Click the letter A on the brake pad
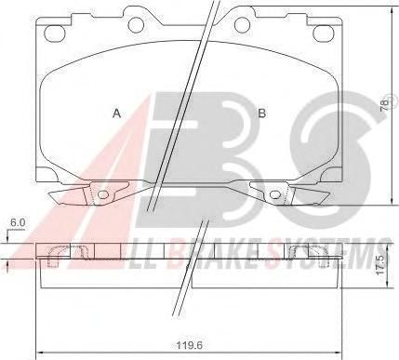[116, 113]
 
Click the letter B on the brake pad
[262, 113]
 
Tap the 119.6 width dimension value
[190, 345]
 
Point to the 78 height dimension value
[384, 105]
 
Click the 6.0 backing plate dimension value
[18, 222]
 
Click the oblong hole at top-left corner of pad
[55, 33]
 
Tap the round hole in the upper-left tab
[136, 24]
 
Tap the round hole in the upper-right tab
[242, 24]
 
